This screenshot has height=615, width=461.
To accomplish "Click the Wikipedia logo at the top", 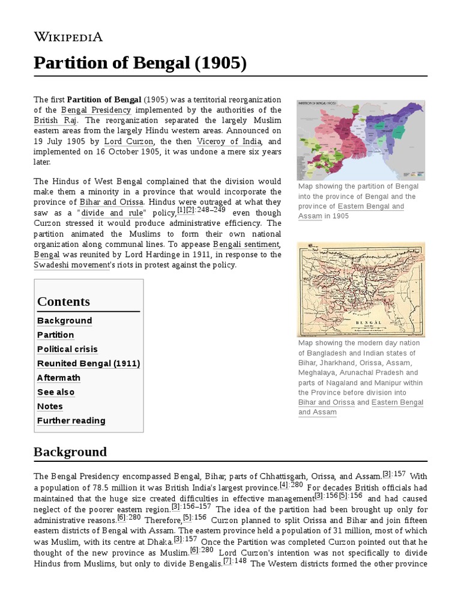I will [x=68, y=37].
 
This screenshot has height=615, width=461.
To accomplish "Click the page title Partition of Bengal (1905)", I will [x=140, y=62].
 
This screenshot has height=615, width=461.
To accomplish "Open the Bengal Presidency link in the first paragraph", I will [x=95, y=111].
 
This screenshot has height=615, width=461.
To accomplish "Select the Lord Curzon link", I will [x=129, y=142].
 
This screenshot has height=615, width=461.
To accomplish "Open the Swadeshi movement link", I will [x=71, y=265].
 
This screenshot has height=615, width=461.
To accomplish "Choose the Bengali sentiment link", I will [x=246, y=244].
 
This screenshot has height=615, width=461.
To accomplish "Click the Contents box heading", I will [x=64, y=301].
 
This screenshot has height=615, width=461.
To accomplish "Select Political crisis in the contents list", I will [x=67, y=349].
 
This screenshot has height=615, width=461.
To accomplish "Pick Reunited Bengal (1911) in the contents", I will [x=88, y=363].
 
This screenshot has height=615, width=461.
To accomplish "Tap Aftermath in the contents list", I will [x=58, y=378].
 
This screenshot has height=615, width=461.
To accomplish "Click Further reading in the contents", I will [x=71, y=420].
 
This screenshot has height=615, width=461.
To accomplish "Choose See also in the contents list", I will [x=56, y=392].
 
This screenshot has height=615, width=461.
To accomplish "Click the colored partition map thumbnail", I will [x=361, y=140].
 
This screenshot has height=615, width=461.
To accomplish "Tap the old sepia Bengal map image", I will [x=361, y=289].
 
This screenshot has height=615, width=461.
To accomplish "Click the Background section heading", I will [x=70, y=452].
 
